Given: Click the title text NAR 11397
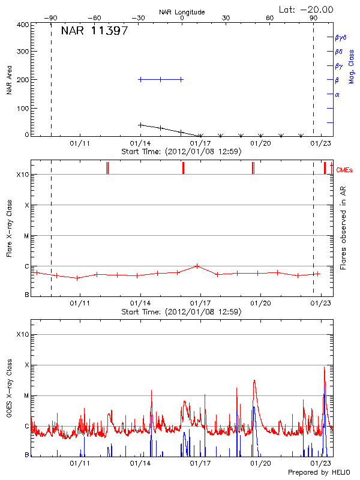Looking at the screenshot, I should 94,31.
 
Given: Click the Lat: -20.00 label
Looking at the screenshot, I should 307,10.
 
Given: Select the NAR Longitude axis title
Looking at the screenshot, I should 182,12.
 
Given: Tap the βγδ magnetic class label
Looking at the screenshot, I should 340,37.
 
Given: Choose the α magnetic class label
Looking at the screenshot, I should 337,94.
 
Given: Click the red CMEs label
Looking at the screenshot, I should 344,170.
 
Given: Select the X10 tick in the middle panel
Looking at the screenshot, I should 23,175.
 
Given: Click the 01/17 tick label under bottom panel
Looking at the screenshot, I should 200,463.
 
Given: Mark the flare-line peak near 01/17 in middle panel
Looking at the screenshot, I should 197,266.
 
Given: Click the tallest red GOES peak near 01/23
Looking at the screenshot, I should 325,367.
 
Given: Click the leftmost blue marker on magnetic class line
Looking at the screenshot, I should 140,79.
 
